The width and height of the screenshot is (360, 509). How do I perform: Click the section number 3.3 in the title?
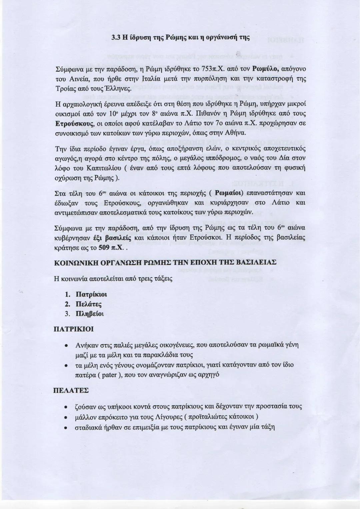(115, 47)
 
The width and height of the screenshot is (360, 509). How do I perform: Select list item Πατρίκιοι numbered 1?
(91, 295)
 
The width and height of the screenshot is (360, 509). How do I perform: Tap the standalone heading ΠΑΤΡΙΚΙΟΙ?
(74, 329)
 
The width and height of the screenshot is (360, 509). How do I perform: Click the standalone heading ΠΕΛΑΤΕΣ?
(71, 390)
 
